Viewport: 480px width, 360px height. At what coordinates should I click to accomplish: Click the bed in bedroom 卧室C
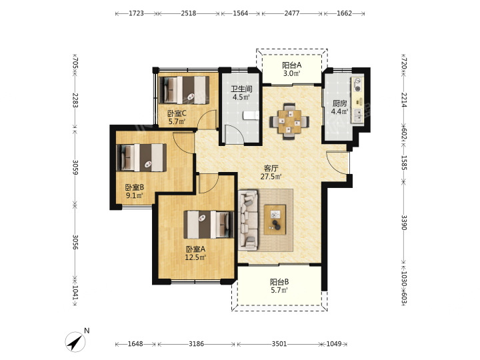pyautogui.click(x=184, y=90)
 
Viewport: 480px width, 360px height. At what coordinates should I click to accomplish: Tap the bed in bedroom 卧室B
pyautogui.click(x=141, y=157)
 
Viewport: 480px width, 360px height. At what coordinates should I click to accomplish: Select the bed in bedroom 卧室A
pyautogui.click(x=209, y=225)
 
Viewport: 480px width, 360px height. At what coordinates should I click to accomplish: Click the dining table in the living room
pyautogui.click(x=289, y=121)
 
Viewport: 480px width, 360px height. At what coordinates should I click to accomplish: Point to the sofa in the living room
pyautogui.click(x=248, y=220)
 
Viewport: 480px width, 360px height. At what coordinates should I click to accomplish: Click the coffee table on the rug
pyautogui.click(x=275, y=220)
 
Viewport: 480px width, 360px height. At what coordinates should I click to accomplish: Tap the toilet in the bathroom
pyautogui.click(x=251, y=115)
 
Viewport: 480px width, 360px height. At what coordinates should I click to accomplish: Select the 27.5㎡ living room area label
pyautogui.click(x=271, y=177)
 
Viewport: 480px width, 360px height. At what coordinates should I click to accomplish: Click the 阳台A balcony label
pyautogui.click(x=291, y=65)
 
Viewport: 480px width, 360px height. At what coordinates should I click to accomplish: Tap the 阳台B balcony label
pyautogui.click(x=279, y=282)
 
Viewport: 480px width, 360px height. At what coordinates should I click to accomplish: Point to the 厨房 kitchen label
pyautogui.click(x=340, y=103)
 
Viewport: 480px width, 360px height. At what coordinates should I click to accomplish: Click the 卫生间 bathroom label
pyautogui.click(x=241, y=89)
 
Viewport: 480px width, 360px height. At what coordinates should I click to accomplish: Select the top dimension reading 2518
pyautogui.click(x=188, y=13)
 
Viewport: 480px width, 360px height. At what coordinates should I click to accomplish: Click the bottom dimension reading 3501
pyautogui.click(x=279, y=344)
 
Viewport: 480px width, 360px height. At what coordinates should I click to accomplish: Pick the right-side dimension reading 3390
pyautogui.click(x=404, y=223)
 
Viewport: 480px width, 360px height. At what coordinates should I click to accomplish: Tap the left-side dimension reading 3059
pyautogui.click(x=75, y=167)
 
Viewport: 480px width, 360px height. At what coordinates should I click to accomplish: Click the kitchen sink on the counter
pyautogui.click(x=357, y=115)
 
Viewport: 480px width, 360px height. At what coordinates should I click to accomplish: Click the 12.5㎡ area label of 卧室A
pyautogui.click(x=195, y=257)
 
